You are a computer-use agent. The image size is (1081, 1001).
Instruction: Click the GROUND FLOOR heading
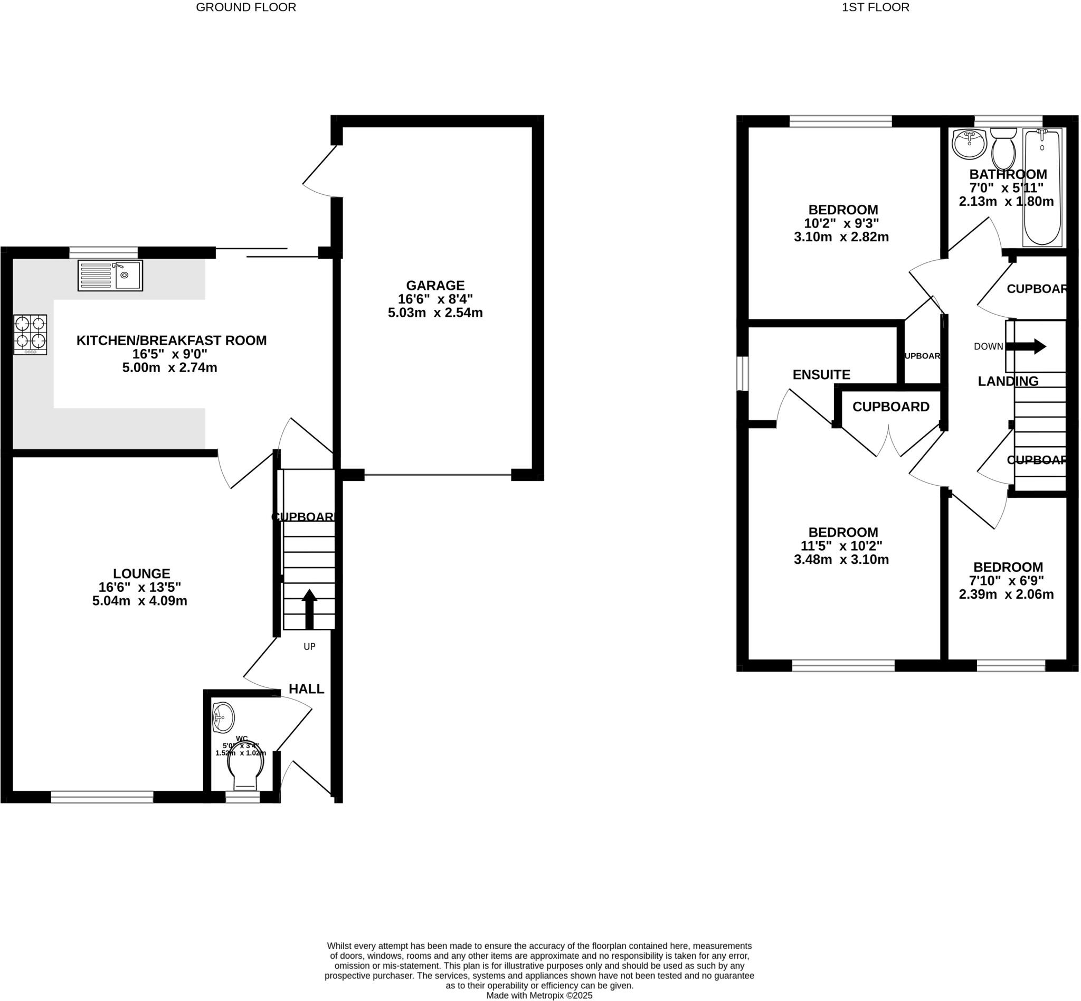click(x=246, y=7)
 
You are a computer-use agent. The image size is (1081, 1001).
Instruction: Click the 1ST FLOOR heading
click(x=875, y=7)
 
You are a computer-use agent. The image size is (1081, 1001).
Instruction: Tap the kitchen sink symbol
click(x=110, y=275)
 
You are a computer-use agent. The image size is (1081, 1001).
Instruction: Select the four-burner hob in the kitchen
click(x=30, y=334)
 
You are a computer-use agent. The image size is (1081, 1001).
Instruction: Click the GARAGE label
click(x=435, y=286)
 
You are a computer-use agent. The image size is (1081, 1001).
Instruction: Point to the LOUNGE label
click(x=141, y=573)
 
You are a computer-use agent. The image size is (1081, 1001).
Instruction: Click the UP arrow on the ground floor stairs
click(x=309, y=608)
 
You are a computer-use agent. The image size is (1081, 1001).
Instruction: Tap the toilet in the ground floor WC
click(x=245, y=769)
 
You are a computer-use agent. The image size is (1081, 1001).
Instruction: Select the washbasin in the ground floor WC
click(x=223, y=717)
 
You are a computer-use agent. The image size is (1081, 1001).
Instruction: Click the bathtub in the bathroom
click(x=1041, y=187)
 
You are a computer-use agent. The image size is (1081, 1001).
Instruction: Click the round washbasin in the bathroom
click(x=969, y=144)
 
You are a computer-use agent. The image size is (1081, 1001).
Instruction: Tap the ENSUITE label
click(x=821, y=374)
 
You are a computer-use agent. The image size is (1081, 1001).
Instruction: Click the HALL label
click(x=306, y=689)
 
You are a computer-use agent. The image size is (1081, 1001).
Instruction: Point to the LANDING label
click(x=1007, y=381)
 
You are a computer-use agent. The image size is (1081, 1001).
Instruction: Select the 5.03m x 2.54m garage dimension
click(x=435, y=313)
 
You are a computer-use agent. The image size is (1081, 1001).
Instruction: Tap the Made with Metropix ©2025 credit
click(x=539, y=996)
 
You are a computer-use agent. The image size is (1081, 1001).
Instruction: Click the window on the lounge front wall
click(x=102, y=796)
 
